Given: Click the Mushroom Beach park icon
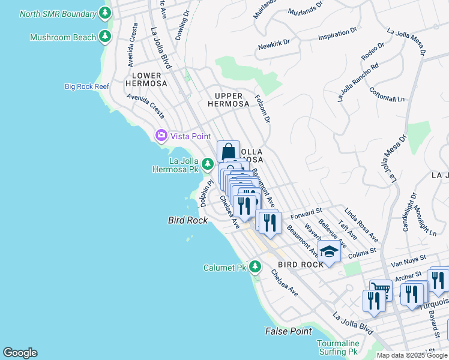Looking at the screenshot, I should click(x=105, y=37).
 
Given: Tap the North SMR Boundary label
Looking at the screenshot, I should click(x=57, y=13).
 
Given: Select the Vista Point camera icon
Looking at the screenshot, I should click(x=161, y=136).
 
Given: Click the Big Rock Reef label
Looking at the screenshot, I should click(x=87, y=86).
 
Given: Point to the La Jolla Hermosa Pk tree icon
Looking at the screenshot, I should click(x=207, y=164).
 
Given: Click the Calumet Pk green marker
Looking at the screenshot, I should click(x=256, y=266).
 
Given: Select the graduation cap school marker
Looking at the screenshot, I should click(x=329, y=253).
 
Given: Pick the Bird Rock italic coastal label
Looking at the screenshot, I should click(x=187, y=220).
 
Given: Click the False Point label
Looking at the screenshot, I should click(x=288, y=331).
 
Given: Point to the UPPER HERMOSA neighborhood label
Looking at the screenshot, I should click(x=228, y=100).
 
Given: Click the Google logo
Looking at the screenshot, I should click(x=20, y=353).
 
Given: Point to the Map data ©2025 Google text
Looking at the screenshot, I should click(x=411, y=355).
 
